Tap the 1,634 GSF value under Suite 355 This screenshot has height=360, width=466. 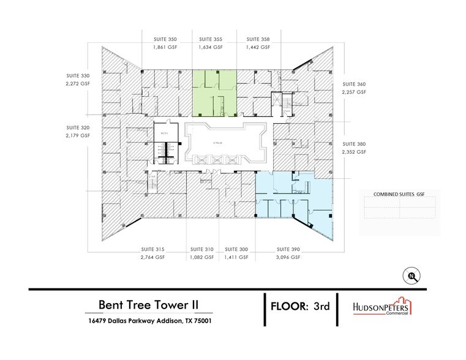tap(211, 47)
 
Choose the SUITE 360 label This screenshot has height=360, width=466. tap(353, 83)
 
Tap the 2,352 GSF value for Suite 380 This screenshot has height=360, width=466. tap(353, 151)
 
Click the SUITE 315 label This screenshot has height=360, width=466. tap(151, 249)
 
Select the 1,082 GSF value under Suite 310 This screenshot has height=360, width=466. tap(201, 258)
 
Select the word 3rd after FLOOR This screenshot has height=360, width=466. tap(320, 306)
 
